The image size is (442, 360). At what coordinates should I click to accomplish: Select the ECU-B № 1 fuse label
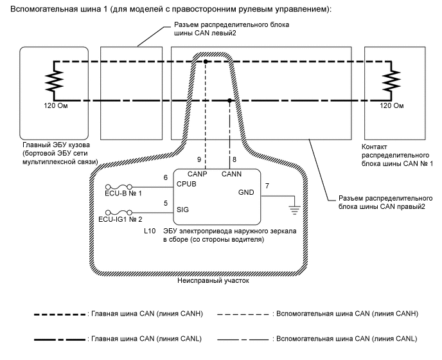point(122,193)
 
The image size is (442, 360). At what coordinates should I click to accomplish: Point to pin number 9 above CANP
point(200,159)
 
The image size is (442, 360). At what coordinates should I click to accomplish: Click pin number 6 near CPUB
point(166,177)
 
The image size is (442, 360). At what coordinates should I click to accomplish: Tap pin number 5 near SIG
point(166,203)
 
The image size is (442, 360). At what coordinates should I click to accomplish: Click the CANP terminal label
point(198,174)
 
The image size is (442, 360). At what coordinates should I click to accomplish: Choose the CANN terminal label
point(231,174)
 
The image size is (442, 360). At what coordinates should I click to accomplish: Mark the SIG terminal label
point(182,210)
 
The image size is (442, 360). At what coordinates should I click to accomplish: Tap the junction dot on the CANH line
point(205,62)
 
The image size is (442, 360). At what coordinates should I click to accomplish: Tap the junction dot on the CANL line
point(231,100)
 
